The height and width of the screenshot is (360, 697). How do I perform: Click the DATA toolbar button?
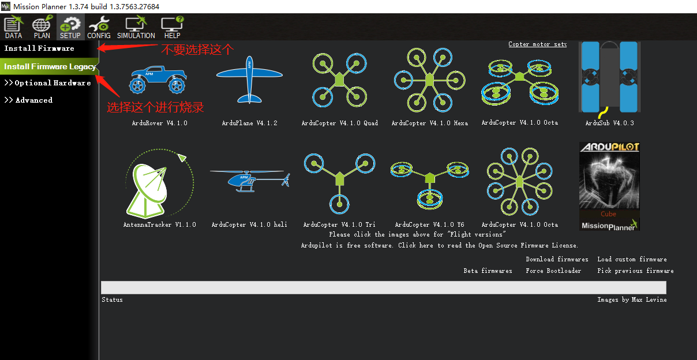click(x=13, y=27)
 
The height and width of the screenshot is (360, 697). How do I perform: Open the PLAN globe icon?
click(x=42, y=27)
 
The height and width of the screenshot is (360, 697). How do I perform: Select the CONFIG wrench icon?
click(x=99, y=27)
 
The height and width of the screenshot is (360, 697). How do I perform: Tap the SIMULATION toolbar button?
click(x=136, y=27)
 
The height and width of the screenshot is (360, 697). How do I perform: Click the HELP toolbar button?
click(x=172, y=27)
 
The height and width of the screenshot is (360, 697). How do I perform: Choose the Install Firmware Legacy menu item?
click(x=50, y=66)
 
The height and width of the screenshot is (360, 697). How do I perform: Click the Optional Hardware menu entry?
click(x=48, y=83)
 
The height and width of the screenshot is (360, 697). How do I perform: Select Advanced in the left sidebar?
click(x=29, y=100)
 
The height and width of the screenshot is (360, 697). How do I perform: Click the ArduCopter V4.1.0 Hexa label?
click(x=429, y=123)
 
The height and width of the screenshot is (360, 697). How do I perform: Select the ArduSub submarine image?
click(x=609, y=77)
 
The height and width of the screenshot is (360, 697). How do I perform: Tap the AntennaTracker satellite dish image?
click(x=157, y=182)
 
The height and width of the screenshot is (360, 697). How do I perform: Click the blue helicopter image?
click(x=249, y=181)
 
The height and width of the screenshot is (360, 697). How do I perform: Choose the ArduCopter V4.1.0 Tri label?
click(x=339, y=224)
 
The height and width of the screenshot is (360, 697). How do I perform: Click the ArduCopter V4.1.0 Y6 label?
click(x=429, y=224)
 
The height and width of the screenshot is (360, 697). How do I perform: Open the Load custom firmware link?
click(x=632, y=259)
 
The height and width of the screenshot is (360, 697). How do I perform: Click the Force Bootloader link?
click(x=553, y=271)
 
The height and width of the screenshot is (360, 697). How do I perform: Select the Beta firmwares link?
click(x=488, y=271)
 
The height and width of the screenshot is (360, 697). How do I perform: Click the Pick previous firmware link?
click(x=635, y=271)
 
